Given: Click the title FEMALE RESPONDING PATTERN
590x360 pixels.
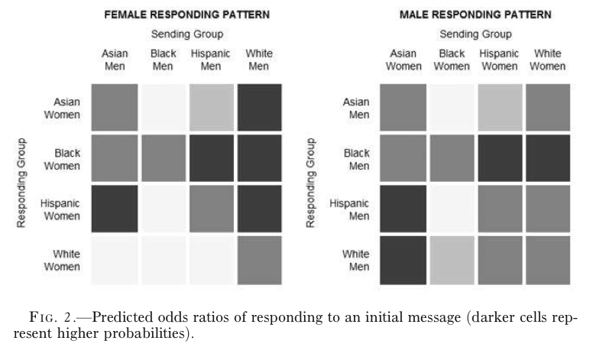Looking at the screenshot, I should click(187, 15).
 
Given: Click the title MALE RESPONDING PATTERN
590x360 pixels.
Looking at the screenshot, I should click(475, 15).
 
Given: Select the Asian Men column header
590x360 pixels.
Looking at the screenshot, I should click(115, 60).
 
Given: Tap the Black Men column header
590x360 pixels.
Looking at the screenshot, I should click(163, 60).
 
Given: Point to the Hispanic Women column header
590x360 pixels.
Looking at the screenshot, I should click(499, 60).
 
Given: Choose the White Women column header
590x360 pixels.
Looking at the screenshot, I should click(547, 60).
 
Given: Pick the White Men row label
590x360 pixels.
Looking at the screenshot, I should click(355, 260).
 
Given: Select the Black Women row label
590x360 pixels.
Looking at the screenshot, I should click(63, 160).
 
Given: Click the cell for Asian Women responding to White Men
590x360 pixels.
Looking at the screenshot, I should click(260, 108).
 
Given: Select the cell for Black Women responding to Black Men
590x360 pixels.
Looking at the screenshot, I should click(163, 159).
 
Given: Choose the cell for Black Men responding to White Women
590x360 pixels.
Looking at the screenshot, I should click(548, 159).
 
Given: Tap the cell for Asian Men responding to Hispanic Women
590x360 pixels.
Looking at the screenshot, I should click(499, 108).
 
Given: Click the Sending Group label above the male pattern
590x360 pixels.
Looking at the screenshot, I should click(475, 34).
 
